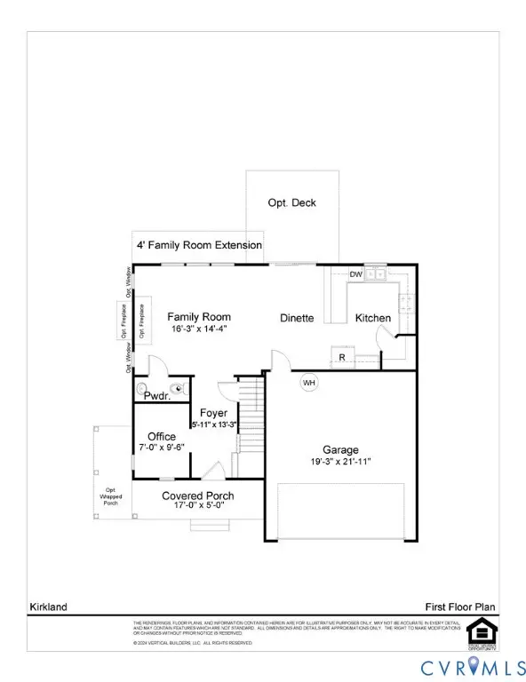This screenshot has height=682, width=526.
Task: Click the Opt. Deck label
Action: pyautogui.click(x=291, y=202)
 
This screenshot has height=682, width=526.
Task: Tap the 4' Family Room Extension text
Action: pyautogui.click(x=199, y=245)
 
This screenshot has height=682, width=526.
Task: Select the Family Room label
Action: pyautogui.click(x=199, y=317)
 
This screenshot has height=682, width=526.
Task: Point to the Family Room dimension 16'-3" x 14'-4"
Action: pyautogui.click(x=199, y=329)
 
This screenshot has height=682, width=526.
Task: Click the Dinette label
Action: pyautogui.click(x=296, y=318)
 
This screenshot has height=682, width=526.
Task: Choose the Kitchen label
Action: pyautogui.click(x=373, y=318)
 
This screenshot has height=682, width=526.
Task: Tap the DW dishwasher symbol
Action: pyautogui.click(x=355, y=274)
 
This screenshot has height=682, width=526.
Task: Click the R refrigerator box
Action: pyautogui.click(x=342, y=358)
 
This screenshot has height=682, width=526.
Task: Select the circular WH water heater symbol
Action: pyautogui.click(x=309, y=383)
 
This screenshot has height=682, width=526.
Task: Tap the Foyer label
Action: pyautogui.click(x=214, y=413)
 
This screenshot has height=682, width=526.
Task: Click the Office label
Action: pyautogui.click(x=162, y=436)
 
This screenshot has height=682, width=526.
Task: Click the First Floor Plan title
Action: pyautogui.click(x=458, y=607)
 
